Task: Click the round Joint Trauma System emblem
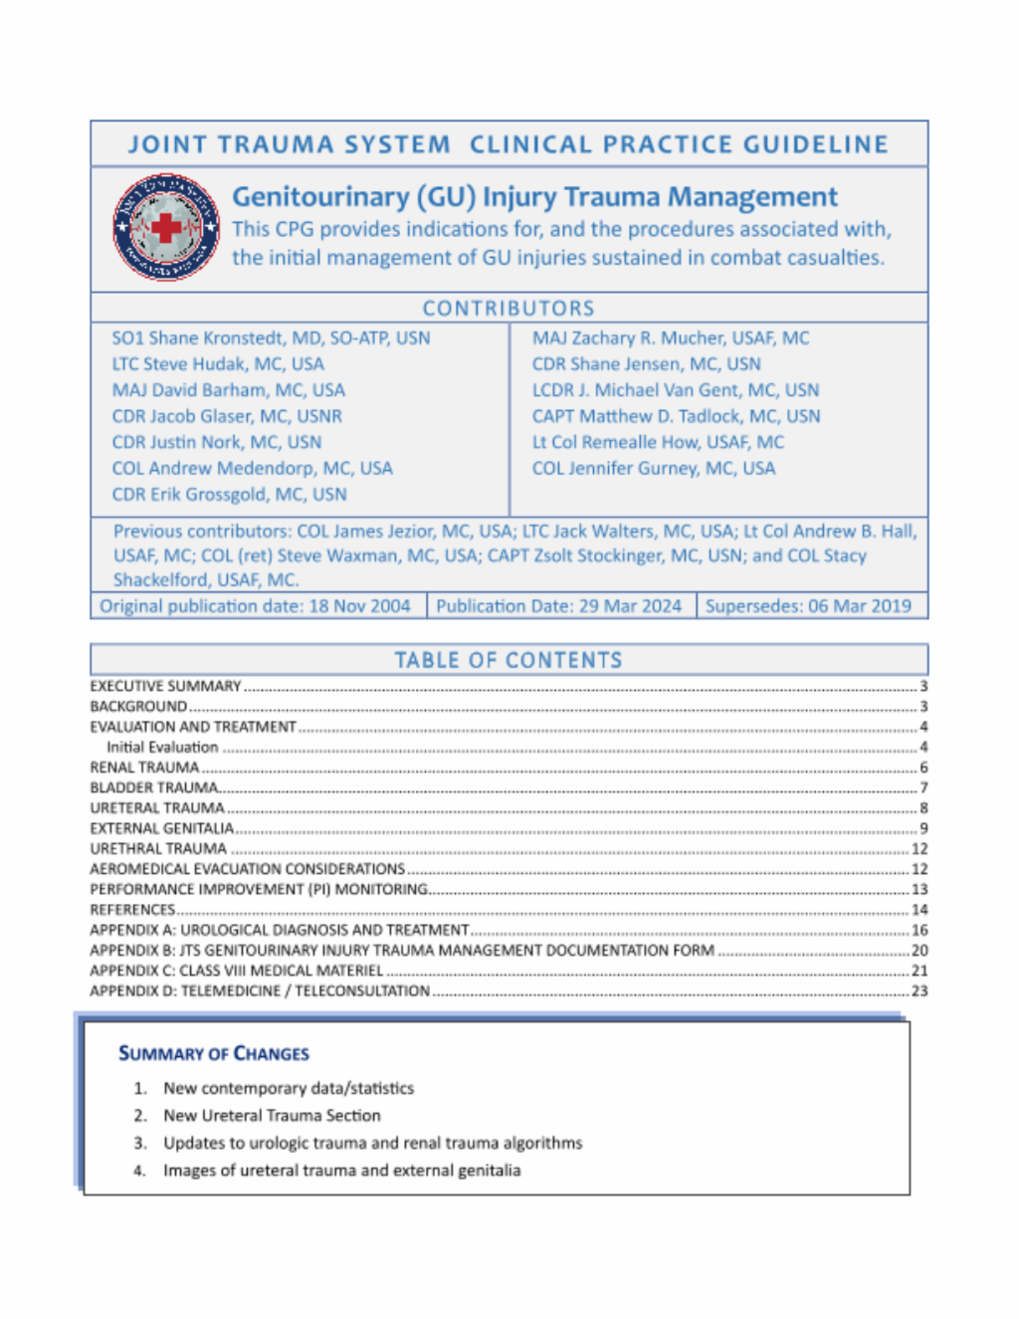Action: (166, 227)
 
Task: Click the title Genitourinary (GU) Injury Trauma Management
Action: (534, 197)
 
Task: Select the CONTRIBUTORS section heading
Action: (509, 309)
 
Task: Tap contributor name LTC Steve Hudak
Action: (218, 364)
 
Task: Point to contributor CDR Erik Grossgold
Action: (229, 495)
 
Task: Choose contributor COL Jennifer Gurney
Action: (653, 469)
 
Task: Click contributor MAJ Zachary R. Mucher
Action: (670, 338)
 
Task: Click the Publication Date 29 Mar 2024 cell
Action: (558, 606)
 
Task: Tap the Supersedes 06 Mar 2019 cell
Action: (807, 606)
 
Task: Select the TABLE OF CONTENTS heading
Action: (509, 660)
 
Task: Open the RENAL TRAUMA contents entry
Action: (144, 768)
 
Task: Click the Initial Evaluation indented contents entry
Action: (162, 748)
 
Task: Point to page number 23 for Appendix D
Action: (919, 991)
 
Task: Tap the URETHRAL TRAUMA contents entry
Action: (158, 849)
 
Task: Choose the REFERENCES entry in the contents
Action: (132, 910)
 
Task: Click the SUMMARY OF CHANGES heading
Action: (214, 1053)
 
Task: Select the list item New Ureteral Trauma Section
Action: (272, 1116)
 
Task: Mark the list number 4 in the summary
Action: (140, 1171)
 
